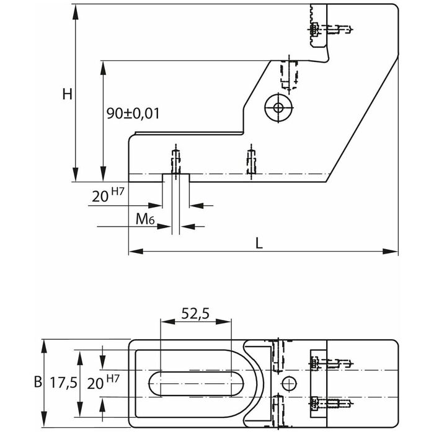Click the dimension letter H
68,94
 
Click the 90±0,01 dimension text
133,113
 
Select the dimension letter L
259,243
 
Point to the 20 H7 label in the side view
108,197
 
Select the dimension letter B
37,382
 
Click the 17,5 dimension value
63,383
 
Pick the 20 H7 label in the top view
104,383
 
